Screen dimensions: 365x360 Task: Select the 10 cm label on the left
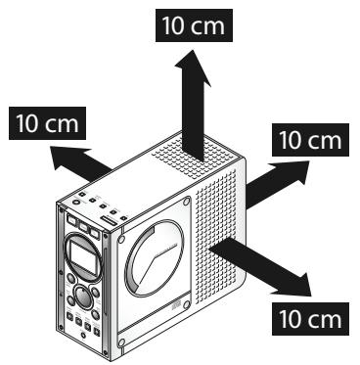tap(47, 123)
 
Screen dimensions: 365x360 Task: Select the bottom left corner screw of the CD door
tap(122, 344)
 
